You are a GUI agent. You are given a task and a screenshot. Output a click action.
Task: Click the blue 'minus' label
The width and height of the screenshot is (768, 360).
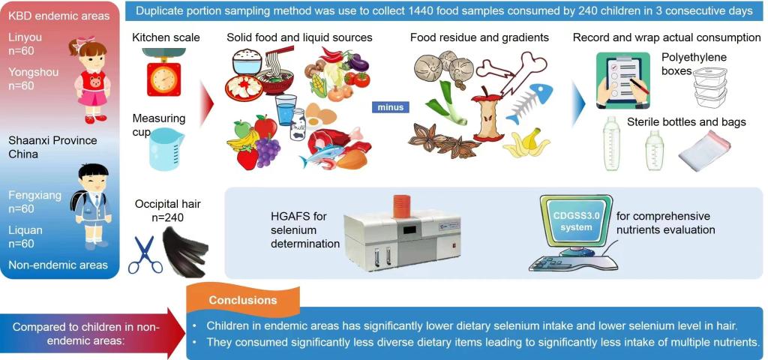pos(390,106)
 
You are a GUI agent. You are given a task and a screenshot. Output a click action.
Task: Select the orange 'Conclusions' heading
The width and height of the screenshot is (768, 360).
pos(243,300)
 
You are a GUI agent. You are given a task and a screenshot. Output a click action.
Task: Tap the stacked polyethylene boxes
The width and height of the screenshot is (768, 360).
pos(710,87)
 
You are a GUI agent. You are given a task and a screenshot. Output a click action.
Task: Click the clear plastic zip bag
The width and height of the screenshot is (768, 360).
pos(704,151)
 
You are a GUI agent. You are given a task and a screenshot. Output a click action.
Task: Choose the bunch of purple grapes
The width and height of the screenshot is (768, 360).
pos(268,150)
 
